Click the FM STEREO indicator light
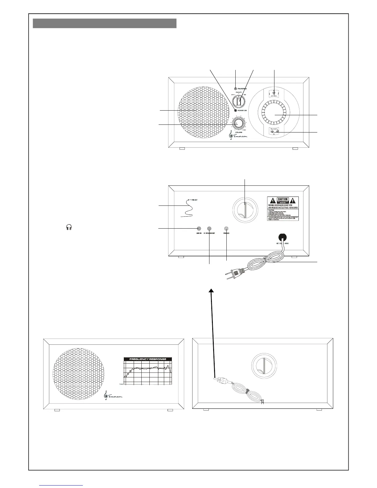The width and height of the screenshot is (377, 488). point(236,88)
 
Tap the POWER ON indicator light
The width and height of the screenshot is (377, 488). point(236,111)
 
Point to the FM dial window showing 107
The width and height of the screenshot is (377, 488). point(274,93)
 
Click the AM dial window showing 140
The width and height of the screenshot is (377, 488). point(274,132)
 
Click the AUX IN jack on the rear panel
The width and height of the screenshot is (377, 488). point(199,229)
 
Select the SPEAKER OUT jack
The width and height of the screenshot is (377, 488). point(209,229)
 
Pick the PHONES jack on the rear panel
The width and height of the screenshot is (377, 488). point(226,229)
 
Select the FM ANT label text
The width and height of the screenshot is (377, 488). point(195,200)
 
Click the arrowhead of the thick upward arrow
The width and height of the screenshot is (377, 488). point(211,291)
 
